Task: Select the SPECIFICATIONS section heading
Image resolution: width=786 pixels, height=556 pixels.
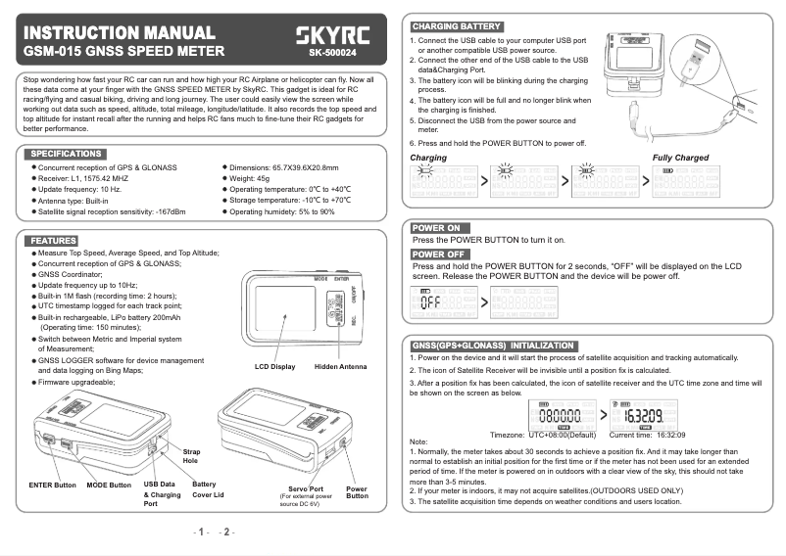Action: pos(67,154)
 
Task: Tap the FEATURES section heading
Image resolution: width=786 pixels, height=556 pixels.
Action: pos(53,240)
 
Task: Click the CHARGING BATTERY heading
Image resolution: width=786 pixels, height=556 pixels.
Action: pos(457,26)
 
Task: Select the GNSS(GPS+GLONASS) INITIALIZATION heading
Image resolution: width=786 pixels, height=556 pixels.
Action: pos(493,346)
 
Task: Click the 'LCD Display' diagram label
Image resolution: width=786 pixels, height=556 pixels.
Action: pos(274,367)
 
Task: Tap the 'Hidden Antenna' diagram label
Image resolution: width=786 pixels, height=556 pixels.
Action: pos(340,367)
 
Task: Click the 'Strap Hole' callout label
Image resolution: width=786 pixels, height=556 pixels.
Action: pos(190,455)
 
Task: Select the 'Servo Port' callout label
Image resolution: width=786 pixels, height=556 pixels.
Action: pos(307,487)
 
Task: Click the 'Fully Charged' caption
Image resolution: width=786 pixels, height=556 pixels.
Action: pos(680,158)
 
